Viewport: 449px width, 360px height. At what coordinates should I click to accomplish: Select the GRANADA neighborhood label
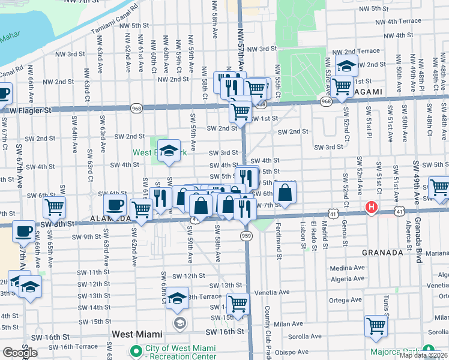(x=382, y=253)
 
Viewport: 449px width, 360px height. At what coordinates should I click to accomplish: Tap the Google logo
(x=20, y=353)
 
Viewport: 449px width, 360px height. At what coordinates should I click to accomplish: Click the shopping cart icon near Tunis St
(x=376, y=326)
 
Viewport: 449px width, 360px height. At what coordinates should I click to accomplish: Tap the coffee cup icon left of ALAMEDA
(x=115, y=205)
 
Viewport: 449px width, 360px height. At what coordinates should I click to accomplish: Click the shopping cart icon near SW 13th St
(x=238, y=302)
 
